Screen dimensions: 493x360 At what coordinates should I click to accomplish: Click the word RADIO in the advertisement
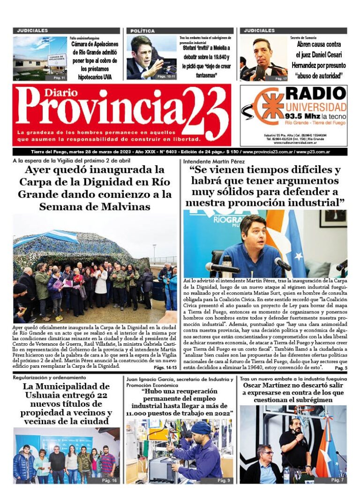click(x=315, y=93)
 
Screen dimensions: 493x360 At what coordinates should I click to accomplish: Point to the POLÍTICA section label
click(x=142, y=31)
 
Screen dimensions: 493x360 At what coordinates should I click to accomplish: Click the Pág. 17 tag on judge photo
click(x=281, y=78)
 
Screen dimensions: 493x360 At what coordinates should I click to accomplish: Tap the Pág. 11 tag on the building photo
click(x=59, y=77)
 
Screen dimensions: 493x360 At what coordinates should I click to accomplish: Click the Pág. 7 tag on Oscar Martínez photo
click(x=337, y=480)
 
